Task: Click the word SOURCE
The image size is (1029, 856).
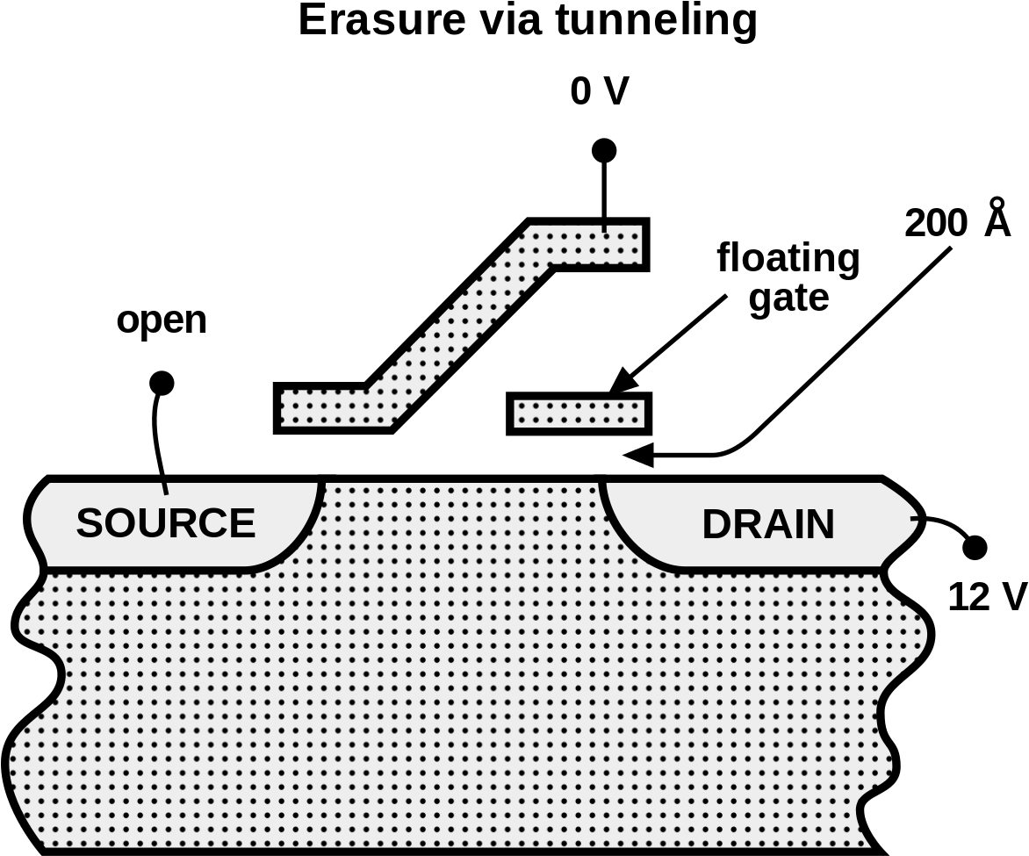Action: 165,523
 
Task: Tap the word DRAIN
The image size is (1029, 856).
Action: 768,524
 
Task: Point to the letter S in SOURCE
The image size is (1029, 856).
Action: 90,523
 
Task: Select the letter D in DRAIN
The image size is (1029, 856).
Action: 717,524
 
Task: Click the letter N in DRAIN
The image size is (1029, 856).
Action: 819,524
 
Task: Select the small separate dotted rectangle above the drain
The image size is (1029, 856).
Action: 579,414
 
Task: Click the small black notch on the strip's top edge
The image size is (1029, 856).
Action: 604,228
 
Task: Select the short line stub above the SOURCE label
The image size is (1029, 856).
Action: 164,487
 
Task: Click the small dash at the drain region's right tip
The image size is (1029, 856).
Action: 914,519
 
